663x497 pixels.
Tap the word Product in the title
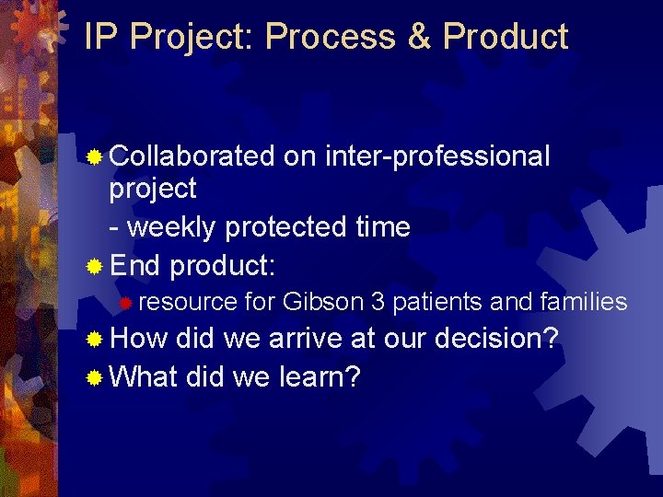click(x=506, y=37)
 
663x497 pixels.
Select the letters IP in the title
click(x=102, y=37)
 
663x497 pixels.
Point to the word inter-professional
click(x=437, y=157)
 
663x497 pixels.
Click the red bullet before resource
click(x=129, y=303)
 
